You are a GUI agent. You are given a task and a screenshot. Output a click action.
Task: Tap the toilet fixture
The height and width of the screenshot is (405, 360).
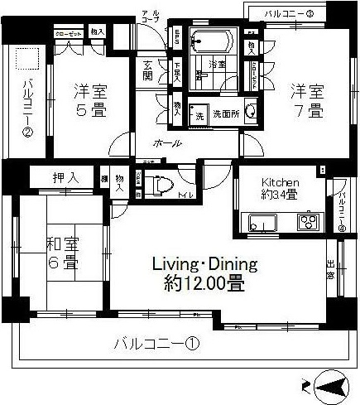pyautogui.click(x=161, y=185)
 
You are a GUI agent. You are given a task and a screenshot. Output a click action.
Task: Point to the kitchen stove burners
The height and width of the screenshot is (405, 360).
pyautogui.click(x=308, y=222)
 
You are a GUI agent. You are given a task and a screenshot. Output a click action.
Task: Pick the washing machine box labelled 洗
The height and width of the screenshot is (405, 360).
pyautogui.click(x=199, y=115)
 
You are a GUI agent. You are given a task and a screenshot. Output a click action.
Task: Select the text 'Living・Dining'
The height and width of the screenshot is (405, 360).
pyautogui.click(x=204, y=264)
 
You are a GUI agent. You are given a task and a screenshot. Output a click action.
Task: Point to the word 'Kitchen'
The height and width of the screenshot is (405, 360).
pyautogui.click(x=280, y=182)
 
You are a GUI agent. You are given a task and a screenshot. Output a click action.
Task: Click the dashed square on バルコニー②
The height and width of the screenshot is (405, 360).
pyautogui.click(x=26, y=60)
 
